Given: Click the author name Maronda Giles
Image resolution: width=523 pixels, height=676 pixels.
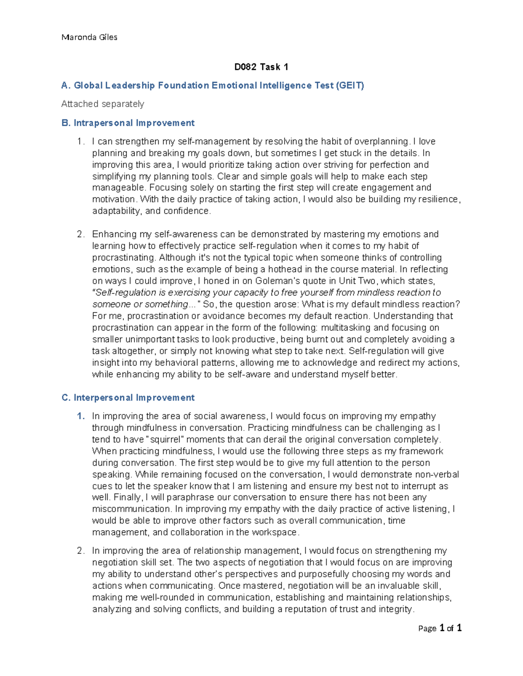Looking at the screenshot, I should pos(89,37).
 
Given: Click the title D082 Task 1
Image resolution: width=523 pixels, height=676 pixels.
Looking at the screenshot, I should pos(261,67).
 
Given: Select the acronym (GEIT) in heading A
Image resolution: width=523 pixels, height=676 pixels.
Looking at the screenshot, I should pos(350,86).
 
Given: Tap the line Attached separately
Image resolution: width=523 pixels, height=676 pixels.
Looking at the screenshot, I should pos(102,104).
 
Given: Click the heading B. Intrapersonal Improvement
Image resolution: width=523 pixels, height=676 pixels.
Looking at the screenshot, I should pos(128,123).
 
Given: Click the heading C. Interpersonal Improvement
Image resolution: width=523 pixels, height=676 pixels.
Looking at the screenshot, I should pos(128,398).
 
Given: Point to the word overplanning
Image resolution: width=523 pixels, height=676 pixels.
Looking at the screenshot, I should pos(381,141).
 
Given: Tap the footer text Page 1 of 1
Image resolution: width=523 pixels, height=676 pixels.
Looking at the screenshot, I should pos(439,628).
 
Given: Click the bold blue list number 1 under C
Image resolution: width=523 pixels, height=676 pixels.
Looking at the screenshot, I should pos(81,417).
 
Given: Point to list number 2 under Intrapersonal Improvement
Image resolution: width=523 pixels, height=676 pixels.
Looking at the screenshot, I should pos(81,235).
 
